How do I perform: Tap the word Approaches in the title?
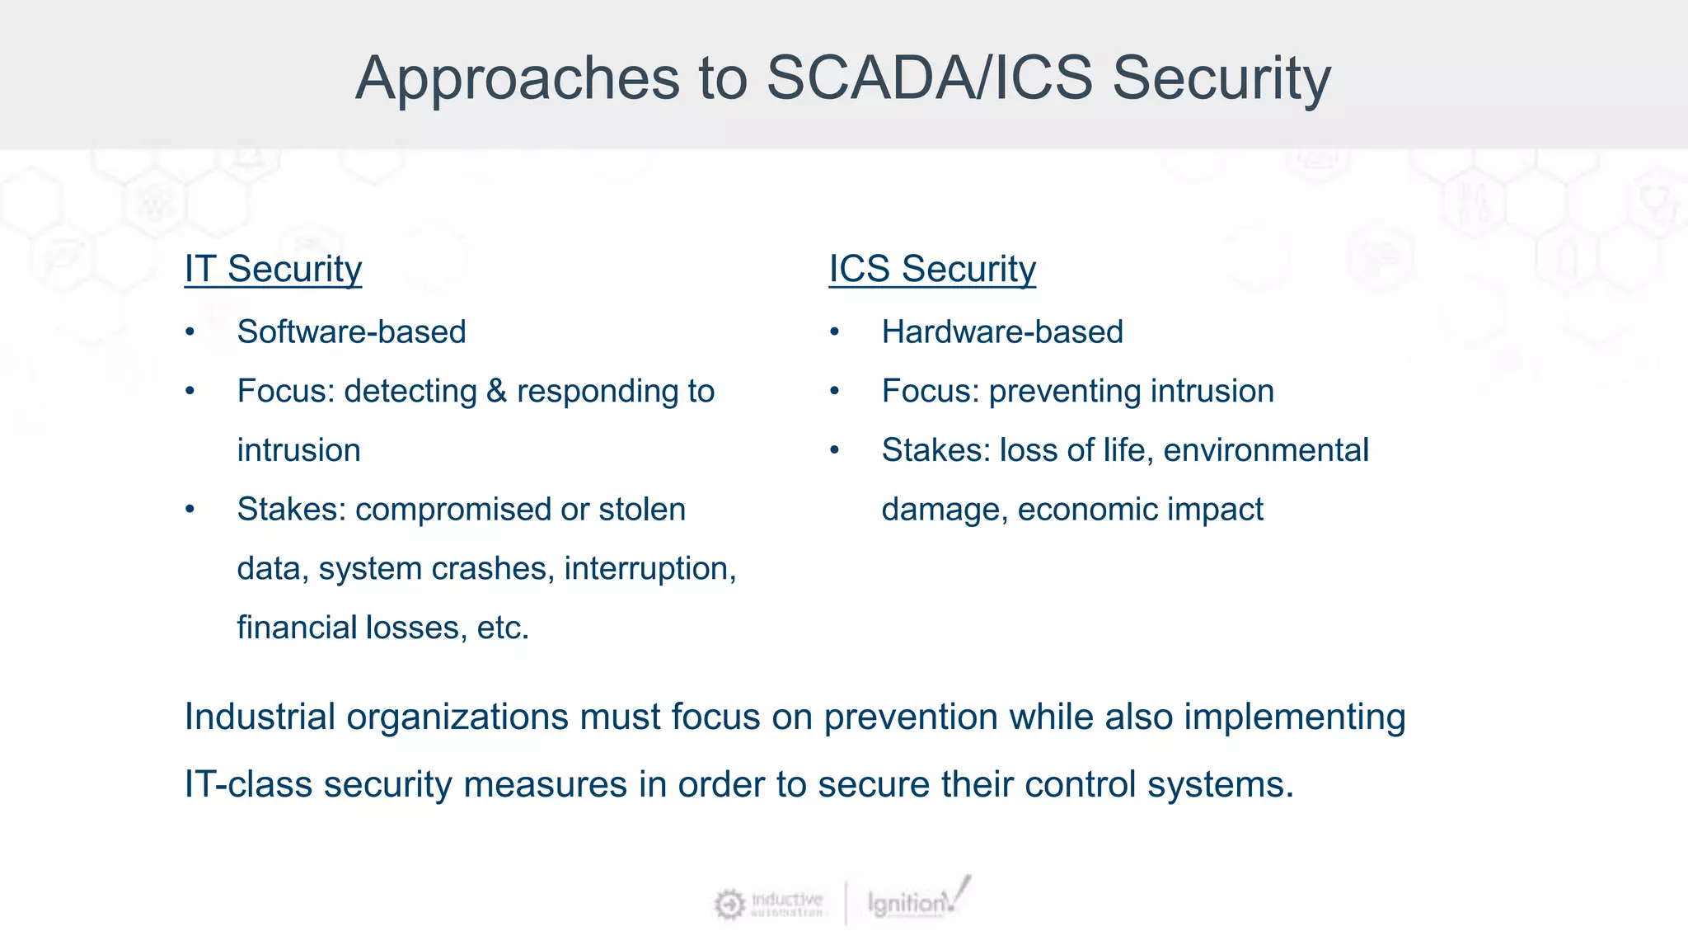517,78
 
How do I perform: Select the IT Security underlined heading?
273,269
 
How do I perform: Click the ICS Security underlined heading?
932,269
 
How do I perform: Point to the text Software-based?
351,332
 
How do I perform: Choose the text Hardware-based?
1001,332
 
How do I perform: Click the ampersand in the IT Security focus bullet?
496,391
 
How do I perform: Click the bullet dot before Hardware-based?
834,332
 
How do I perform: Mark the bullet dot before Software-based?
190,332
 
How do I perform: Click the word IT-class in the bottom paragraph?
247,783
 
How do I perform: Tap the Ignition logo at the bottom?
915,901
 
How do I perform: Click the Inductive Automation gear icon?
729,905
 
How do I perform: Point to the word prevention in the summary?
911,717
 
